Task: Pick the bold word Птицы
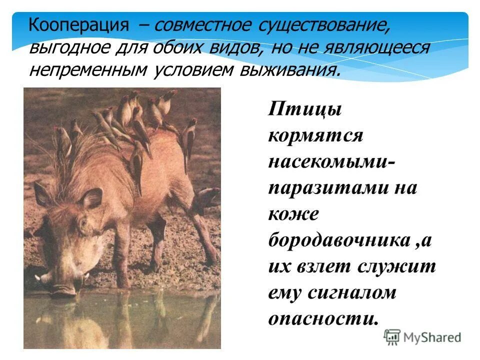point(304,109)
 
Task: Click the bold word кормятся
point(315,135)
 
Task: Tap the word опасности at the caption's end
point(322,318)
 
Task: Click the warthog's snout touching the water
point(65,285)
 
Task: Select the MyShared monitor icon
point(393,337)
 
